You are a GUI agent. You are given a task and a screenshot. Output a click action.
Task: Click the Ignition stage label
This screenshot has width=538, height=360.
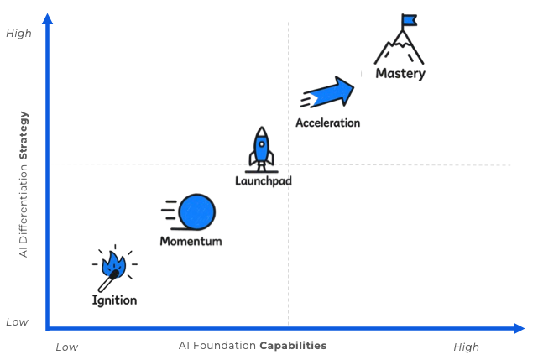(114, 300)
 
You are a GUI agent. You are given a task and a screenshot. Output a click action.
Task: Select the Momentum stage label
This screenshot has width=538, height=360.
(191, 241)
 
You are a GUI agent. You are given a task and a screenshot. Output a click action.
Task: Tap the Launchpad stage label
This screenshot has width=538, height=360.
(263, 180)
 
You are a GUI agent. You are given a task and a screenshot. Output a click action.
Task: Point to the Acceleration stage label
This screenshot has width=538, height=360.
(327, 123)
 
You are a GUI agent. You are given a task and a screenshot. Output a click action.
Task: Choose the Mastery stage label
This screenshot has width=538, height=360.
(401, 74)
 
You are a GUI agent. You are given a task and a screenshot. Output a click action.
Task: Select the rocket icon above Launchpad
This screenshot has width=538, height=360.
(262, 148)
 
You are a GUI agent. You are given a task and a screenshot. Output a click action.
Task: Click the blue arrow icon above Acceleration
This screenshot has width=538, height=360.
(328, 91)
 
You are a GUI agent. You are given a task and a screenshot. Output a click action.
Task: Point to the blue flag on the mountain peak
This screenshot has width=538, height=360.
(410, 19)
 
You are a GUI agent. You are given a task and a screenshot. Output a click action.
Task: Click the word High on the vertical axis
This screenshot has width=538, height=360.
(18, 34)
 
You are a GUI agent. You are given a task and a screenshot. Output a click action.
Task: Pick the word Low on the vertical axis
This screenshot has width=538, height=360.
(18, 321)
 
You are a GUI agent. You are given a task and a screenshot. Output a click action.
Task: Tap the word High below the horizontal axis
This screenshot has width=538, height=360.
(466, 347)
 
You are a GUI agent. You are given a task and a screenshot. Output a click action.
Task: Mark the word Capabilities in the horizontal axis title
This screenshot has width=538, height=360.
(293, 346)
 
